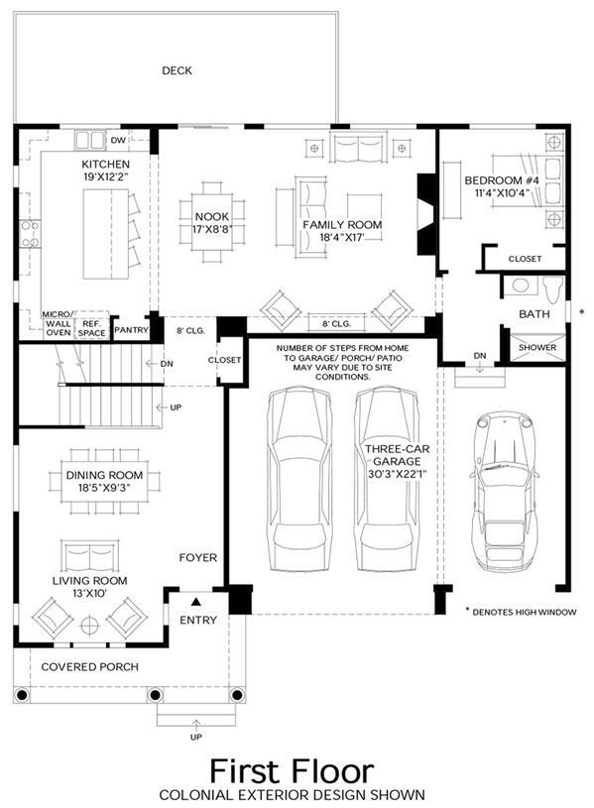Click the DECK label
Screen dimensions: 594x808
pyautogui.click(x=177, y=70)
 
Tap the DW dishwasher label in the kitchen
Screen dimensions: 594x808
pyautogui.click(x=118, y=140)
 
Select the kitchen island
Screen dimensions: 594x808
pyautogui.click(x=106, y=234)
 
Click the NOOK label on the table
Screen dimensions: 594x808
pyautogui.click(x=212, y=217)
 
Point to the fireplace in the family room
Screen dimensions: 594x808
pyautogui.click(x=427, y=214)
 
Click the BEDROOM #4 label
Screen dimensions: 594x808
pyautogui.click(x=502, y=180)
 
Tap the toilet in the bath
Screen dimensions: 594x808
pyautogui.click(x=552, y=289)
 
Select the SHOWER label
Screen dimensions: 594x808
pyautogui.click(x=537, y=347)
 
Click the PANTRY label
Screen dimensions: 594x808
pyautogui.click(x=131, y=330)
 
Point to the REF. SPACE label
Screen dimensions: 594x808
pyautogui.click(x=92, y=328)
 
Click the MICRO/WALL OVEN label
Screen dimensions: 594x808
pyautogui.click(x=59, y=323)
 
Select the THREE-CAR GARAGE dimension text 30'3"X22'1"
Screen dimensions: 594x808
pyautogui.click(x=397, y=474)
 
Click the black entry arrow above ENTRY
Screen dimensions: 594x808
pyautogui.click(x=196, y=602)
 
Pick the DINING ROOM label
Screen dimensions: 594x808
pyautogui.click(x=105, y=475)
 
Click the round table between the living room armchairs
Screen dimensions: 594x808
pyautogui.click(x=90, y=626)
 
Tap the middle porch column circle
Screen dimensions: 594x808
pyautogui.click(x=156, y=695)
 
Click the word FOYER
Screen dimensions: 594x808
pyautogui.click(x=198, y=557)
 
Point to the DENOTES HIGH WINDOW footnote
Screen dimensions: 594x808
pyautogui.click(x=521, y=612)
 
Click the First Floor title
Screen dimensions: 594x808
pyautogui.click(x=292, y=771)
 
